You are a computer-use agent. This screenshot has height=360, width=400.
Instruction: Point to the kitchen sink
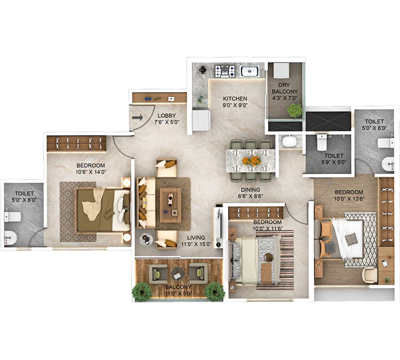249,71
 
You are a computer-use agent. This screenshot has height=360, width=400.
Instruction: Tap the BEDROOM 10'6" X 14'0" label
91,169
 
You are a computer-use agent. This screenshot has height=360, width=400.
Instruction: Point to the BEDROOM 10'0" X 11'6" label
267,225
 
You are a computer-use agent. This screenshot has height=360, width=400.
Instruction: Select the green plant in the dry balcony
294,110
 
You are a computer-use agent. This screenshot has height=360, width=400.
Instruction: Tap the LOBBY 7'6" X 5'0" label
166,119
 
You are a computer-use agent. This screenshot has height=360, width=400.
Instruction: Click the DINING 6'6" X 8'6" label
250,193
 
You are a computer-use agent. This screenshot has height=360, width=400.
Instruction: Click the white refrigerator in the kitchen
201,121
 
